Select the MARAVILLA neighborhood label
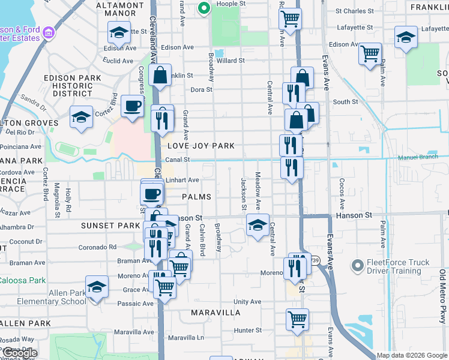[x=216, y=313]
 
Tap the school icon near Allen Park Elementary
[x=97, y=287]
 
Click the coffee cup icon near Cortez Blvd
[x=132, y=107]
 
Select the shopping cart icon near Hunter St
[x=297, y=320]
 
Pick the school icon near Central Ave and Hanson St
[x=258, y=226]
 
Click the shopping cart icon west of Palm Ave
[x=370, y=53]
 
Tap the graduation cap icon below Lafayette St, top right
[x=406, y=37]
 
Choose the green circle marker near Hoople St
[x=203, y=8]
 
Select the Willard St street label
[x=231, y=61]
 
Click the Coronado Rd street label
[x=97, y=247]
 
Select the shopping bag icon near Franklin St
[x=160, y=76]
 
